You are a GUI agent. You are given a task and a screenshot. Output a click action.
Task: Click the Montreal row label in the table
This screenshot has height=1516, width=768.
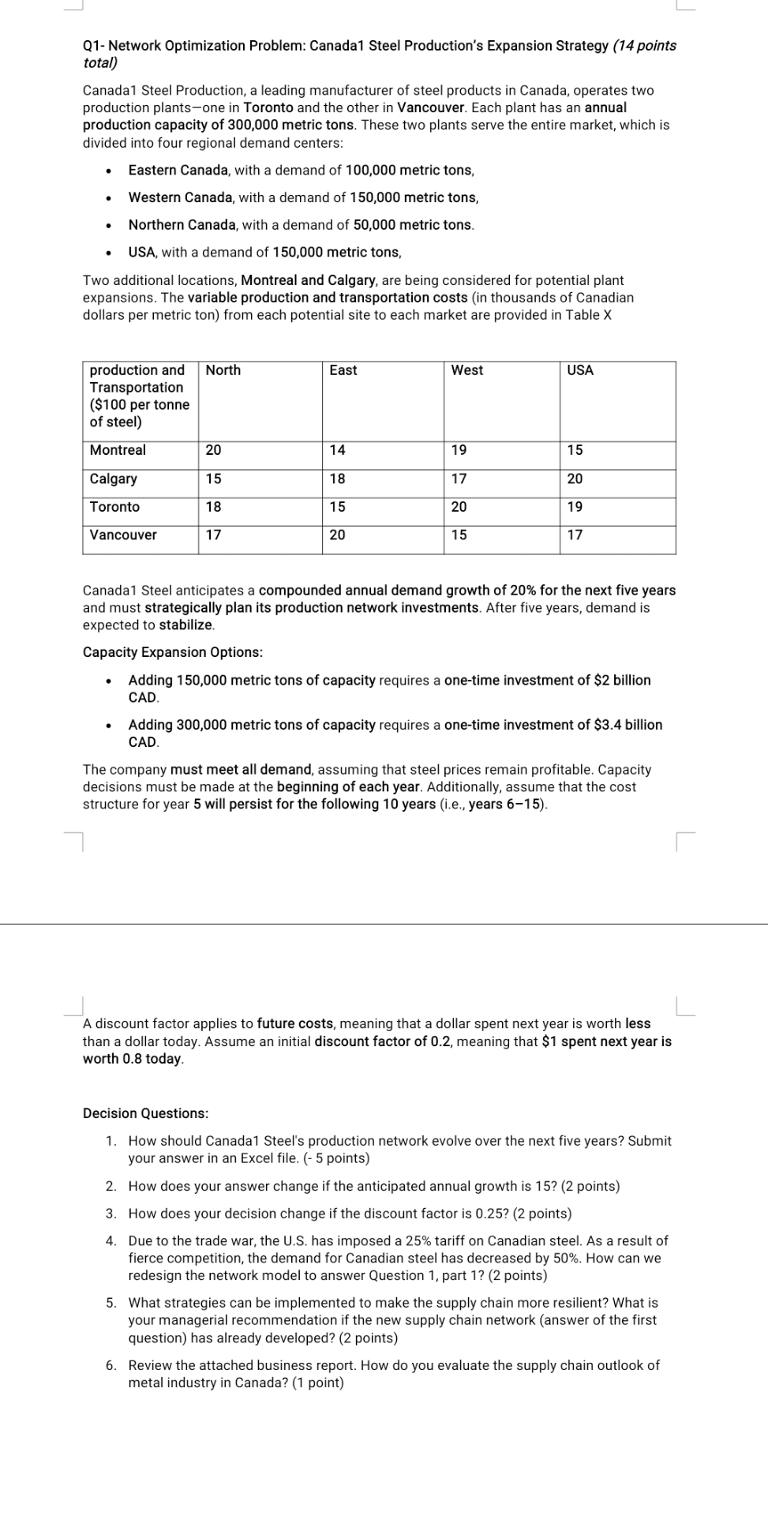click(x=118, y=450)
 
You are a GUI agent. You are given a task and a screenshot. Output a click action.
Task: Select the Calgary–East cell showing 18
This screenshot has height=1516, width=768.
click(x=337, y=478)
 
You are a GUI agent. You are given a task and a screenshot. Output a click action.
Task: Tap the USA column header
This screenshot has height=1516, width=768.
click(x=579, y=370)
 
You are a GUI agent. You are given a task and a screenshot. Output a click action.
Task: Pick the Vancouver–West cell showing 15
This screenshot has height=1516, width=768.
click(x=459, y=535)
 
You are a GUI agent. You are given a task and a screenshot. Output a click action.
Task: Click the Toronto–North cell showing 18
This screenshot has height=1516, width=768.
click(x=213, y=507)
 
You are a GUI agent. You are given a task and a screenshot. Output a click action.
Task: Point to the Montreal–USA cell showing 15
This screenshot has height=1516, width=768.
click(x=575, y=450)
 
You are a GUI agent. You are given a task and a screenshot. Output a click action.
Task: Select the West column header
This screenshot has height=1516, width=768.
click(x=466, y=370)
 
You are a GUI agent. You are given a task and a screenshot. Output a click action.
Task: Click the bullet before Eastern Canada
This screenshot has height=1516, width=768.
click(x=109, y=171)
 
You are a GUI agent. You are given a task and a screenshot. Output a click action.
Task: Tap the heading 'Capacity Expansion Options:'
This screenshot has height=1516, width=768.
click(x=173, y=652)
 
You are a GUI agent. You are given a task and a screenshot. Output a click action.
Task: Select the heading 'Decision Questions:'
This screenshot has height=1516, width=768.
click(x=146, y=1113)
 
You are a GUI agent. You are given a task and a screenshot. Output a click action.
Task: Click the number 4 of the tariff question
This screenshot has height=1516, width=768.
click(x=111, y=1241)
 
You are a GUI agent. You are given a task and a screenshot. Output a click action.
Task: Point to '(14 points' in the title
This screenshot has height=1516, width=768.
click(x=644, y=46)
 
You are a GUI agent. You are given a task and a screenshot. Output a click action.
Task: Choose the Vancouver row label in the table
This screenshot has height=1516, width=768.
click(x=123, y=535)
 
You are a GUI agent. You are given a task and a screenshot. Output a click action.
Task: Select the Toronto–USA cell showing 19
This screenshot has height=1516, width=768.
click(x=575, y=507)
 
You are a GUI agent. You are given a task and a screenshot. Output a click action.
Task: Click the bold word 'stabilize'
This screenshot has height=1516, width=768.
click(x=185, y=625)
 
